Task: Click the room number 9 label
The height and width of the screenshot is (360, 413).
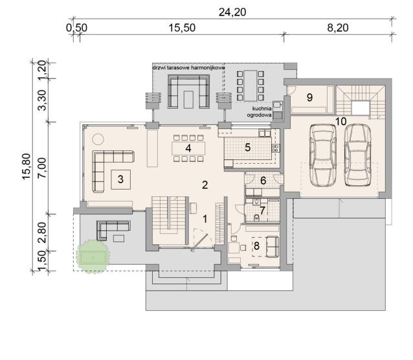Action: click(x=309, y=98)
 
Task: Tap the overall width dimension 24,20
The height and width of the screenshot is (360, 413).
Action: click(x=232, y=12)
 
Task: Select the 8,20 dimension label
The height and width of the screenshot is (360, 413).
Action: click(x=338, y=28)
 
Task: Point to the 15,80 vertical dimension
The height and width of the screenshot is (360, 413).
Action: click(x=27, y=167)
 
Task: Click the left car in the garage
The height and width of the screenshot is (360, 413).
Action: click(x=323, y=155)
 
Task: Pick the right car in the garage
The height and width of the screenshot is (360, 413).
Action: click(x=358, y=155)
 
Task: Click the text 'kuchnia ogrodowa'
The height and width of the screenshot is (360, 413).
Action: click(x=259, y=112)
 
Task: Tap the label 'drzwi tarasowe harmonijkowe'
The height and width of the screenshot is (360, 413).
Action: click(x=189, y=68)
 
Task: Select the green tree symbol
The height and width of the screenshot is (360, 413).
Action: click(x=93, y=256)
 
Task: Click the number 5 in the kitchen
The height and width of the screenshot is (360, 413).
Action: click(x=247, y=148)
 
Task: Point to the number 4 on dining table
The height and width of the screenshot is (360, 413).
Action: click(x=188, y=148)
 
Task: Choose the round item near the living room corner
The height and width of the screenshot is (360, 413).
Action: click(x=98, y=139)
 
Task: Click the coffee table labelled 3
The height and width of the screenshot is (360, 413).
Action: click(x=120, y=179)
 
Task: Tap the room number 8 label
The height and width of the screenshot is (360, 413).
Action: click(x=256, y=246)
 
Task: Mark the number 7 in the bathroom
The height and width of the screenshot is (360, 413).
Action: click(x=262, y=210)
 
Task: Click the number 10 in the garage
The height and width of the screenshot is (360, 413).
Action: click(x=341, y=122)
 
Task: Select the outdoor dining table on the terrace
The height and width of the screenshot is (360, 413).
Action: click(x=251, y=85)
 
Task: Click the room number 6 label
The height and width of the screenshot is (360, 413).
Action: click(x=263, y=181)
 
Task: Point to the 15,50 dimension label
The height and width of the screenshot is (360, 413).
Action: click(x=182, y=28)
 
